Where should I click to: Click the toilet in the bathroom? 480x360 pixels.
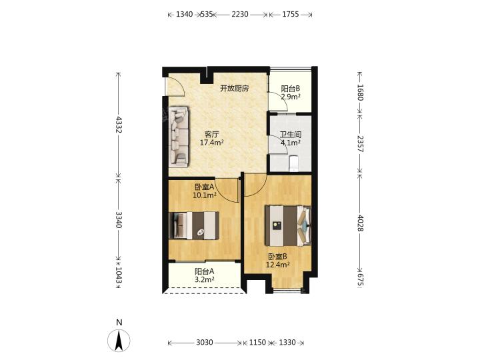pyautogui.click(x=293, y=163)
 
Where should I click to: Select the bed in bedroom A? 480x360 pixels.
pyautogui.click(x=194, y=225)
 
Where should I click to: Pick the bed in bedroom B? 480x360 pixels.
pyautogui.click(x=288, y=225)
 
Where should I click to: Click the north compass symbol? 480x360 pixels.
pyautogui.click(x=119, y=340)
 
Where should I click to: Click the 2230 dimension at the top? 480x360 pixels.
pyautogui.click(x=240, y=14)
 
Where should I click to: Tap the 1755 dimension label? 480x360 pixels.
pyautogui.click(x=290, y=14)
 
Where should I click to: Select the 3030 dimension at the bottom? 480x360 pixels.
pyautogui.click(x=204, y=342)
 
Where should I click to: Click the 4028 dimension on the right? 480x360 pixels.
pyautogui.click(x=360, y=223)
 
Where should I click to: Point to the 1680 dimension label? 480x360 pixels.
pyautogui.click(x=360, y=92)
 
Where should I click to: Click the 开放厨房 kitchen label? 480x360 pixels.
pyautogui.click(x=235, y=89)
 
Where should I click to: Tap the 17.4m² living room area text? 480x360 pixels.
pyautogui.click(x=211, y=143)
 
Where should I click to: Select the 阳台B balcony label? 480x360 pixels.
pyautogui.click(x=291, y=89)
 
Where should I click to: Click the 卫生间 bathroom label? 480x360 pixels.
pyautogui.click(x=291, y=135)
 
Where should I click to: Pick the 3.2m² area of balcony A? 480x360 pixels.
pyautogui.click(x=204, y=279)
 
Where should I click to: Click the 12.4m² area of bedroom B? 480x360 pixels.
pyautogui.click(x=277, y=265)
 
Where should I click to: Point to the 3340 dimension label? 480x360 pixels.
pyautogui.click(x=119, y=220)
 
